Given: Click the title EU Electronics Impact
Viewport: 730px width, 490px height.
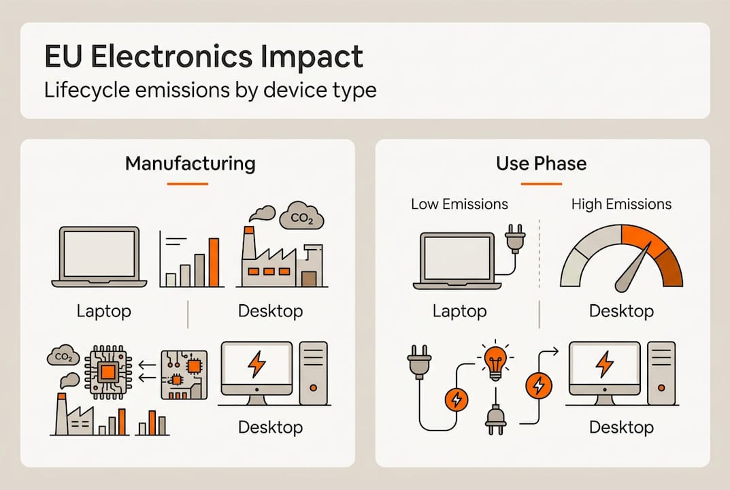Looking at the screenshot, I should coord(203,57).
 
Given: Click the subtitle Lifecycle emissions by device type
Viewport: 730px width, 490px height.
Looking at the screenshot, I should coord(210,90).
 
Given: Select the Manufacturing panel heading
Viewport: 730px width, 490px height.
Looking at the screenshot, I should coord(190,163).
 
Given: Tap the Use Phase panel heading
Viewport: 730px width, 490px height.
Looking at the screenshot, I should coord(542,163).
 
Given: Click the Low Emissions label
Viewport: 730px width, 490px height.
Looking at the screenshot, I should coord(459,204).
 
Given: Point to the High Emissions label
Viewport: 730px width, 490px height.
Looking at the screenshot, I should coord(621,204).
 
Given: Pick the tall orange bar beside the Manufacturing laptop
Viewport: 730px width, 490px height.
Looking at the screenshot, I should coord(214,262).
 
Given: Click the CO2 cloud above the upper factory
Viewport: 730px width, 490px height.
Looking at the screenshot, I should coord(301,217).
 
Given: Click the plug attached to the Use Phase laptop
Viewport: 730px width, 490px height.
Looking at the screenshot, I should coord(514,240).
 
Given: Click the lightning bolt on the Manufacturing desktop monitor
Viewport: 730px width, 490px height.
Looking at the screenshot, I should coord(256,365).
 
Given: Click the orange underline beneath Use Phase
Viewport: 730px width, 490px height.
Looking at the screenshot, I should coord(542,184).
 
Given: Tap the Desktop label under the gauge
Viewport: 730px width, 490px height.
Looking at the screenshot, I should coord(621,312).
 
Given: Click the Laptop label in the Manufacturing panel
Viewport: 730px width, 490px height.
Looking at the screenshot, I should coord(103,312).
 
